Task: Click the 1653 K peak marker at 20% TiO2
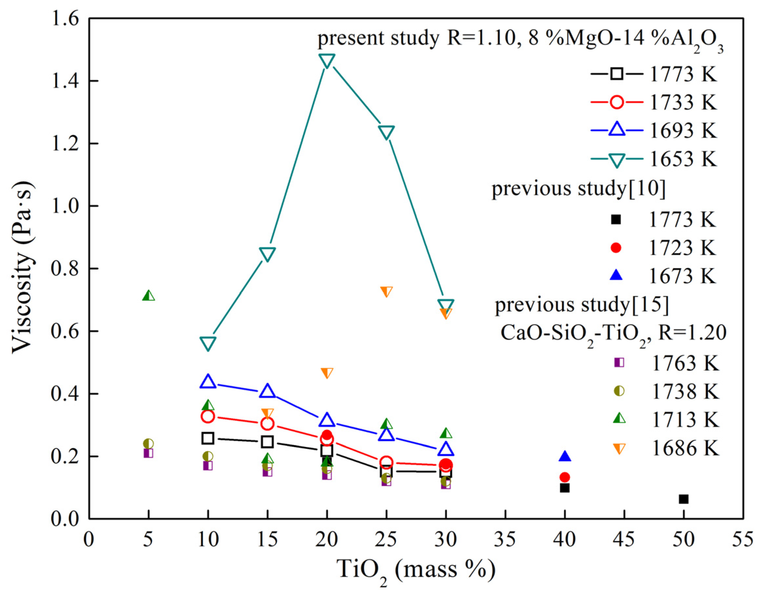point(326,60)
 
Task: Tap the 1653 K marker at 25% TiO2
point(386,132)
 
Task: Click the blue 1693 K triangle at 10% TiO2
point(208,382)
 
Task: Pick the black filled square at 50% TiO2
point(683,499)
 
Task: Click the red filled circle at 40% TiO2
point(564,477)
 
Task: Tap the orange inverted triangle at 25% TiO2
point(386,291)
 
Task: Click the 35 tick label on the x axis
point(505,539)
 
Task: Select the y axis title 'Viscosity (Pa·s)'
point(23,268)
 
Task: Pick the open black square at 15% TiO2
point(267,442)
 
